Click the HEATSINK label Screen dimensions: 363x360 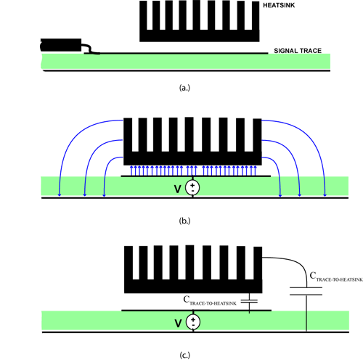(x=279, y=5)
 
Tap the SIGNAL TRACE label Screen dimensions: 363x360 (x=298, y=51)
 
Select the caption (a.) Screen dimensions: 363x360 (x=184, y=88)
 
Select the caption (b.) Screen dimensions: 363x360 (x=184, y=221)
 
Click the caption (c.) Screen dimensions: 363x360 (x=185, y=355)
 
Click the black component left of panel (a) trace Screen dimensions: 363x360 (x=61, y=45)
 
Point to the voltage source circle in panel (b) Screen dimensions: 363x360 (x=192, y=188)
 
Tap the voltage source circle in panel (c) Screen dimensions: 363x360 (x=193, y=322)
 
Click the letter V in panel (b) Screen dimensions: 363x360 (x=178, y=189)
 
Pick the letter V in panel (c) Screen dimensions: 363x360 (x=178, y=323)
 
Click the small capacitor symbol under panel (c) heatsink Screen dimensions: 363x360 (x=249, y=301)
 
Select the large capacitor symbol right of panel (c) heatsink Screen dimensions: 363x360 (x=306, y=291)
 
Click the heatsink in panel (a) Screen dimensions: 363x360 (x=200, y=21)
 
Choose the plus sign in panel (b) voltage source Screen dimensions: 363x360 (x=192, y=185)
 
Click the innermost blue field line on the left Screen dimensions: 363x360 (x=108, y=167)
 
